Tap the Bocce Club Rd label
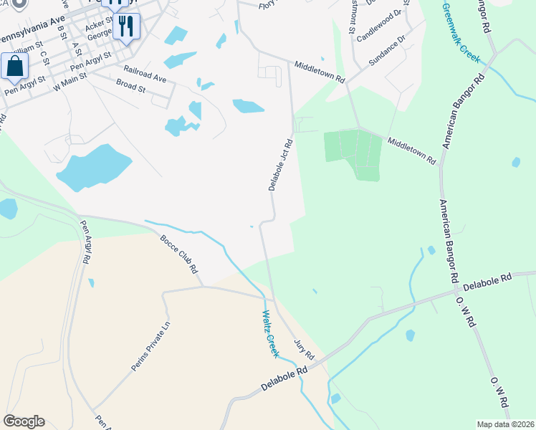[x=179, y=254]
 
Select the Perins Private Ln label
[x=150, y=346]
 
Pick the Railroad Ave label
[x=145, y=72]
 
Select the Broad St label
[x=130, y=87]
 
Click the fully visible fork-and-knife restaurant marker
[x=126, y=27]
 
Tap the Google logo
[x=24, y=421]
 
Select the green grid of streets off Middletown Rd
[x=352, y=152]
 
